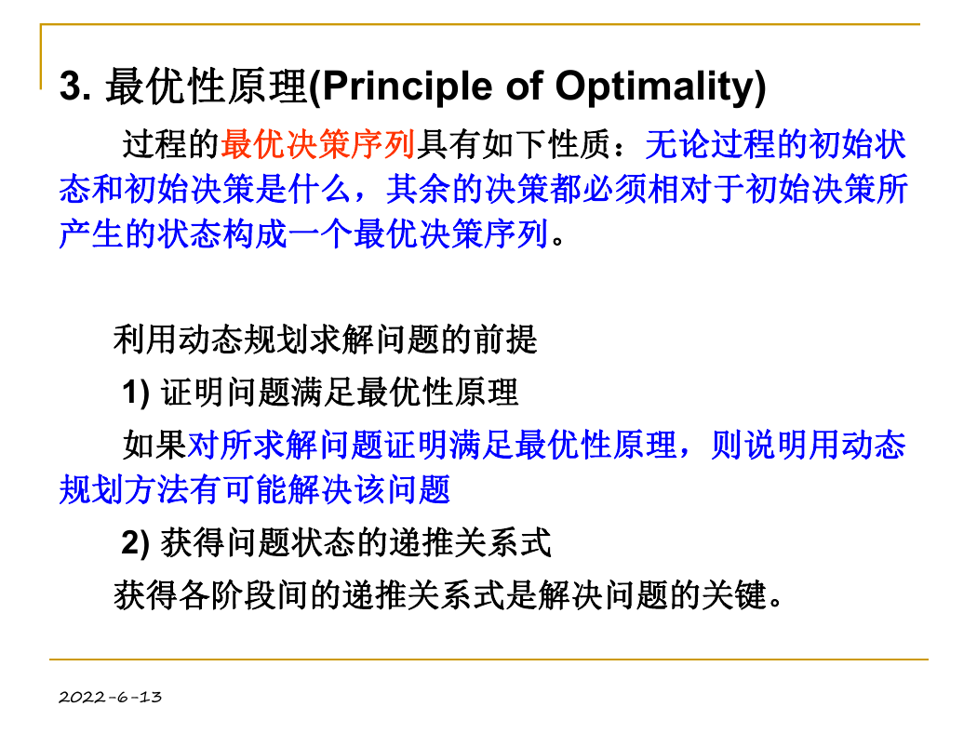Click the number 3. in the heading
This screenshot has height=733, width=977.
point(75,86)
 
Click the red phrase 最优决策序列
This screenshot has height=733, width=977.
point(318,144)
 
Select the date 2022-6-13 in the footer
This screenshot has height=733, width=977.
point(111,697)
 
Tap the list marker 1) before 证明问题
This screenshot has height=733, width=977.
point(136,393)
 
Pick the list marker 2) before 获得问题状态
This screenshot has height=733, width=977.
point(135,542)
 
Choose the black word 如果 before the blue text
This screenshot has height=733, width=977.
point(155,446)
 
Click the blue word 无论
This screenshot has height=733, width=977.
point(677,144)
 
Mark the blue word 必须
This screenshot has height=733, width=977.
point(614,190)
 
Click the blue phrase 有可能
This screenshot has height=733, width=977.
point(238,489)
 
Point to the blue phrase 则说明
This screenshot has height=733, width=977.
point(759,446)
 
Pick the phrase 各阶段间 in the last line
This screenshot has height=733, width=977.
point(243,595)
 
